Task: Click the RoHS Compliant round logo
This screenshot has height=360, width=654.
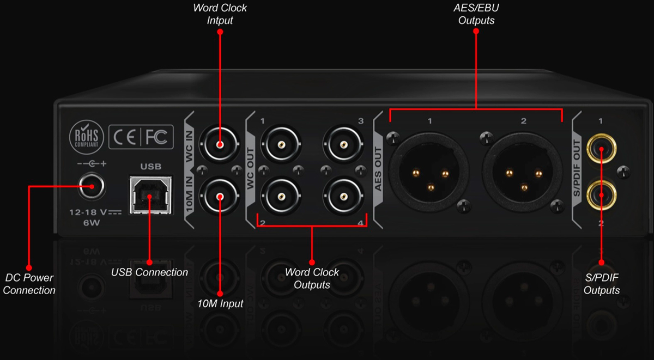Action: [x=87, y=137]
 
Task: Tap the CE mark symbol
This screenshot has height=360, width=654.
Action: [x=124, y=137]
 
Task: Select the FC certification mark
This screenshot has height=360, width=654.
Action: [x=156, y=137]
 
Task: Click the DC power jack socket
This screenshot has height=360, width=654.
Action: [x=92, y=186]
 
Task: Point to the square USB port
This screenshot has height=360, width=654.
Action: [x=150, y=194]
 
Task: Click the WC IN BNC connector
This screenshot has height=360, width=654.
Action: [x=220, y=144]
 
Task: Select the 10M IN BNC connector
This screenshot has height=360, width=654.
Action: [x=220, y=196]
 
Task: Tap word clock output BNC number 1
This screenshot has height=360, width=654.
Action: [x=281, y=144]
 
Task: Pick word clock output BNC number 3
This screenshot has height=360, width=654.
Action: [x=343, y=144]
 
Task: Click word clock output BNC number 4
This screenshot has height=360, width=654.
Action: [x=343, y=196]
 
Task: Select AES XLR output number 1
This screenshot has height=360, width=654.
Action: [x=429, y=172]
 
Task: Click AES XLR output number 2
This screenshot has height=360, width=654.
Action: [x=523, y=172]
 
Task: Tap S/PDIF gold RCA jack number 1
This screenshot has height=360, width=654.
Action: [x=601, y=149]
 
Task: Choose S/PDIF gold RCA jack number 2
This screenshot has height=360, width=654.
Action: [x=601, y=195]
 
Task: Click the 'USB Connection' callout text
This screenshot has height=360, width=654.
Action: [x=149, y=272]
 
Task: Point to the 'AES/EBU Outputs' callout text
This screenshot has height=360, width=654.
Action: [x=476, y=14]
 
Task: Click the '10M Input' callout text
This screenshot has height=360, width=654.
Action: [x=220, y=304]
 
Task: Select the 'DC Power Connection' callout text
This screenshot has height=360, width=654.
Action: [x=29, y=284]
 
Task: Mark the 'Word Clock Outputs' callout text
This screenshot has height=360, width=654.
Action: [x=312, y=278]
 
